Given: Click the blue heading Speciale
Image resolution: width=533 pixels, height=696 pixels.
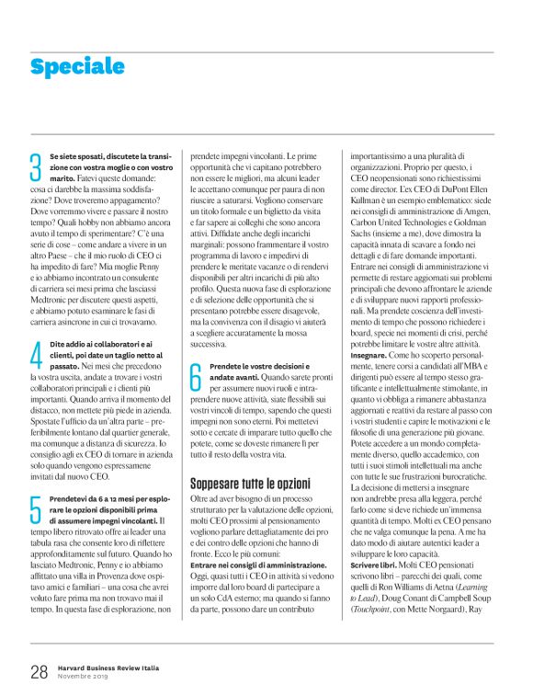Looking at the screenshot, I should [x=76, y=66].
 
